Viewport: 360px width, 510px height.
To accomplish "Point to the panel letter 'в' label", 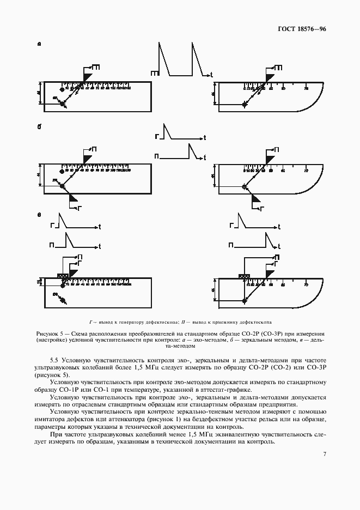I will [x=39, y=215].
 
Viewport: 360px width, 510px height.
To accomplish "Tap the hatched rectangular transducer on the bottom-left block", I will [x=62, y=276].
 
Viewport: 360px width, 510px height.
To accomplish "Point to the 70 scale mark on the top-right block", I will [x=306, y=87].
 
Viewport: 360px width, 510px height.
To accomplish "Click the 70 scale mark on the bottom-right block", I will [x=306, y=284].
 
